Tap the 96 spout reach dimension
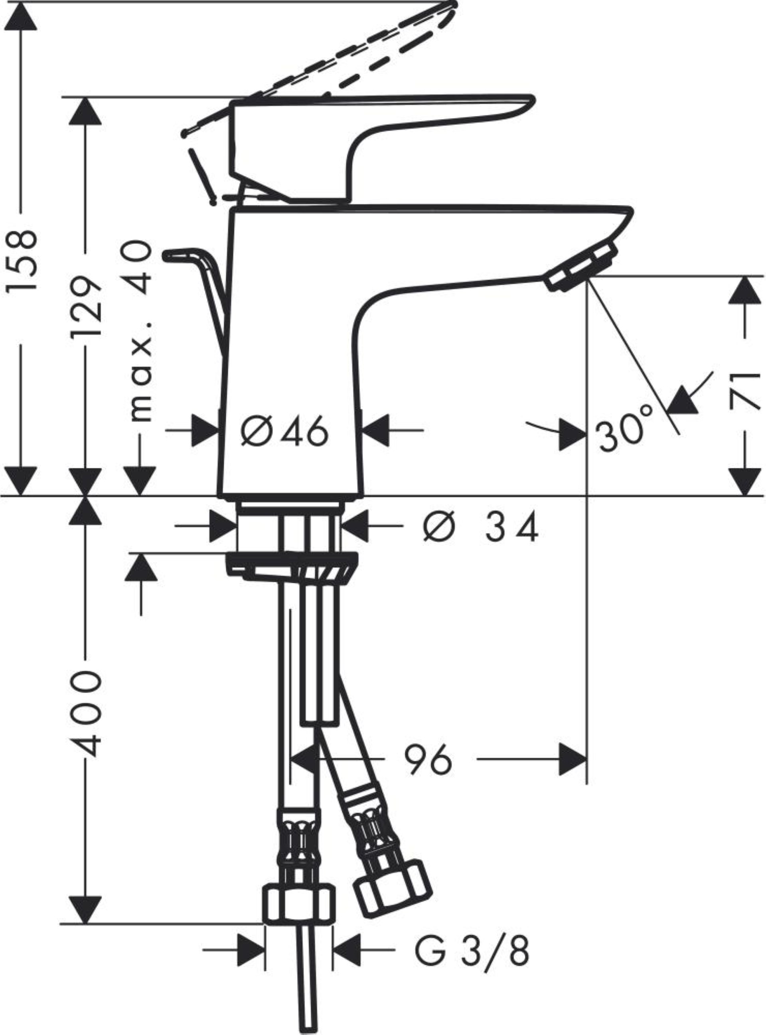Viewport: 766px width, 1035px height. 428,759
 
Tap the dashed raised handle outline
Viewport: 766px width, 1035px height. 352,55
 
